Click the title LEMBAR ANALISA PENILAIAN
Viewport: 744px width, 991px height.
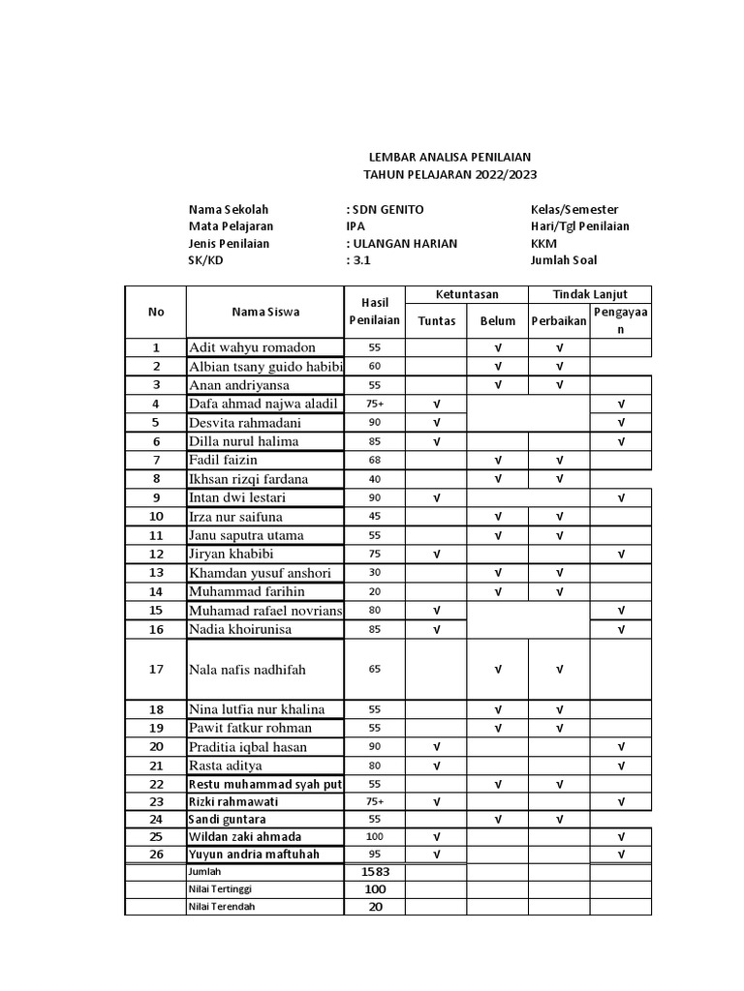pyautogui.click(x=449, y=157)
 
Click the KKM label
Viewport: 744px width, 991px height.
pyautogui.click(x=543, y=243)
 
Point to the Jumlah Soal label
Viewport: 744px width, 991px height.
pyautogui.click(x=564, y=259)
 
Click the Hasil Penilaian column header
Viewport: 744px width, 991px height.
pyautogui.click(x=374, y=312)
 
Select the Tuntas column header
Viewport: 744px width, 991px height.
pyautogui.click(x=436, y=320)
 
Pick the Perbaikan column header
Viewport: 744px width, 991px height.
pyautogui.click(x=559, y=320)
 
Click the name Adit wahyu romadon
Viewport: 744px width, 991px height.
pyautogui.click(x=253, y=347)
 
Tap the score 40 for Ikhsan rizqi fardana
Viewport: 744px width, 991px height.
pyautogui.click(x=374, y=478)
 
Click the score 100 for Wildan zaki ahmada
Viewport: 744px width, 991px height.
pyautogui.click(x=374, y=836)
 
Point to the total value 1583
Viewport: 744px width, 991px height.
pyautogui.click(x=374, y=872)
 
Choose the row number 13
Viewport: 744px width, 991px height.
pyautogui.click(x=156, y=573)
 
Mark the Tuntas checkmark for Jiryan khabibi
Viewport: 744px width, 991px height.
pyautogui.click(x=436, y=555)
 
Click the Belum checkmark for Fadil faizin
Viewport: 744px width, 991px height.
pyautogui.click(x=497, y=460)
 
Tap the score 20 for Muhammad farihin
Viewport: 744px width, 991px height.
pyautogui.click(x=374, y=591)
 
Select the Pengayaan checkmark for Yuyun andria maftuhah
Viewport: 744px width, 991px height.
pyautogui.click(x=621, y=854)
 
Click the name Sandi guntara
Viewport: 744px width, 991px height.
pyautogui.click(x=229, y=819)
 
